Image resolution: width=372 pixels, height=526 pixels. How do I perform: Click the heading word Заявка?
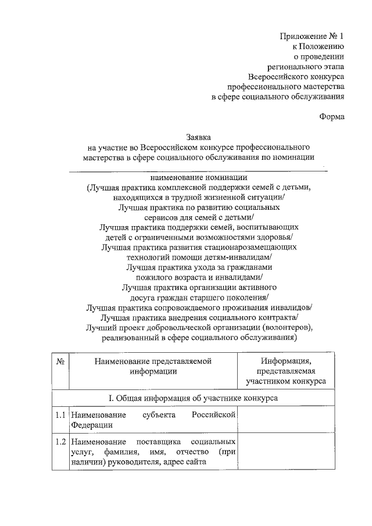tap(198, 138)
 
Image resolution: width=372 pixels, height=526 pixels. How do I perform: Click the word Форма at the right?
tap(332, 116)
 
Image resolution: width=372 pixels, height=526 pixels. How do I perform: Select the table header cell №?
tap(60, 361)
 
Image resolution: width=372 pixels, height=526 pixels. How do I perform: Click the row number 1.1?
tap(59, 415)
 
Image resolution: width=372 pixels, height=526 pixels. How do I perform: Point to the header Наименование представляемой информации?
tap(153, 366)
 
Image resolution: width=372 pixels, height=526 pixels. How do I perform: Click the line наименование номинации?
tap(199, 178)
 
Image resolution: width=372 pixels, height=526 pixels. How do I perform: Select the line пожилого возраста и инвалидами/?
tap(199, 277)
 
